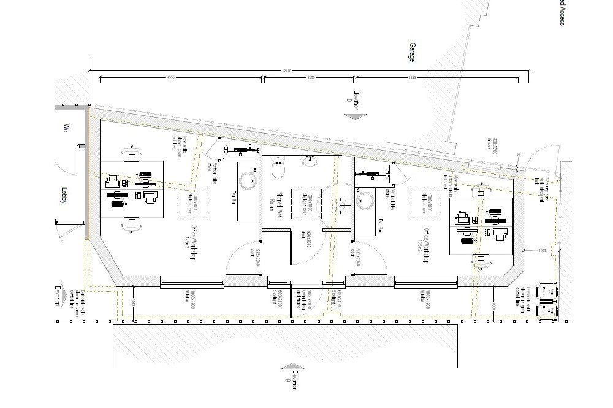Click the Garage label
tap(411, 52)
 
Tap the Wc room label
tap(63, 128)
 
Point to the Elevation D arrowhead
tap(354, 115)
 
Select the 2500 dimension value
tap(311, 78)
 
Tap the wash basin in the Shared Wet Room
tap(309, 161)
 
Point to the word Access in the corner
tap(561, 12)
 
